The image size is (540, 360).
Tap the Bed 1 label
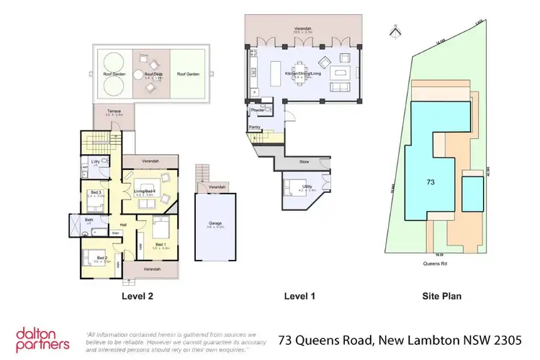tap(159, 245)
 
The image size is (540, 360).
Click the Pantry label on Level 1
tap(254, 127)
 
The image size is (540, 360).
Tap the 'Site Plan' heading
tap(441, 296)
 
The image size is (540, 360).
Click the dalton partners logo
tap(43, 338)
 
